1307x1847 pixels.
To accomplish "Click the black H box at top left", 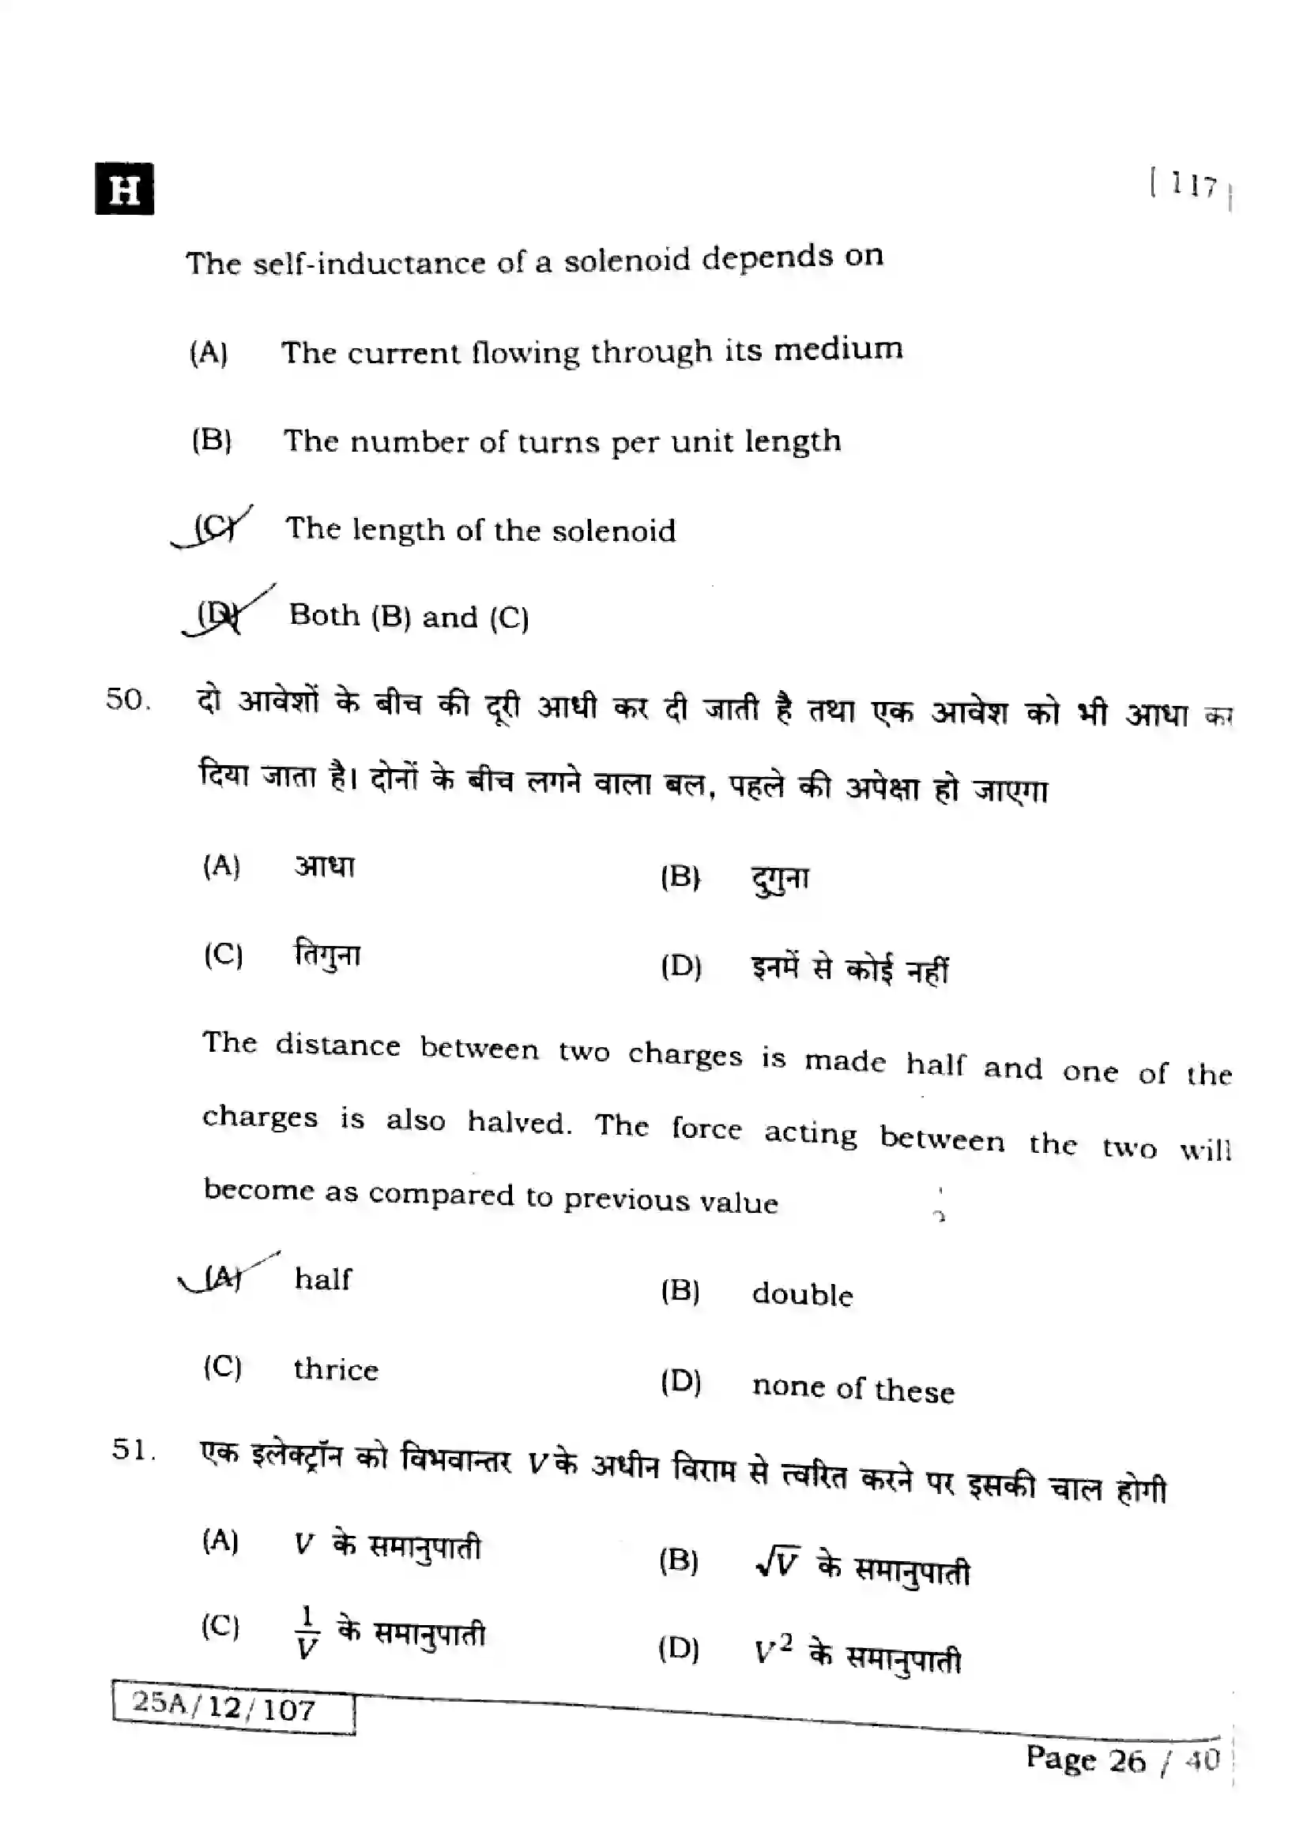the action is click(x=125, y=189).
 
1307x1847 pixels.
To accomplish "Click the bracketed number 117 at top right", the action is click(x=1189, y=187).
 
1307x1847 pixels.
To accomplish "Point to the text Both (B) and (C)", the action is click(x=409, y=616).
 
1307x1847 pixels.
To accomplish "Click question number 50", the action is click(x=128, y=700).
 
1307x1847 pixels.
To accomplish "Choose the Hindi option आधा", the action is click(x=324, y=866).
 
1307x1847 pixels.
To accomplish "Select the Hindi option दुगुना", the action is click(x=779, y=877).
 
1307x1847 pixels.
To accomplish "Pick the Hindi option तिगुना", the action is click(x=328, y=955).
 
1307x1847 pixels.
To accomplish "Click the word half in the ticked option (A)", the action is click(x=322, y=1279).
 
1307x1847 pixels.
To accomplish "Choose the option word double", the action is click(x=801, y=1295).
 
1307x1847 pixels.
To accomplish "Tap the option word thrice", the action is click(x=336, y=1370).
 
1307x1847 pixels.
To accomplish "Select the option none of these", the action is click(x=853, y=1389).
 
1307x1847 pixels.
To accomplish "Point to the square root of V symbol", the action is click(x=778, y=1563).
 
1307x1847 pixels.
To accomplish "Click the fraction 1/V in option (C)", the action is click(x=307, y=1633).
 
